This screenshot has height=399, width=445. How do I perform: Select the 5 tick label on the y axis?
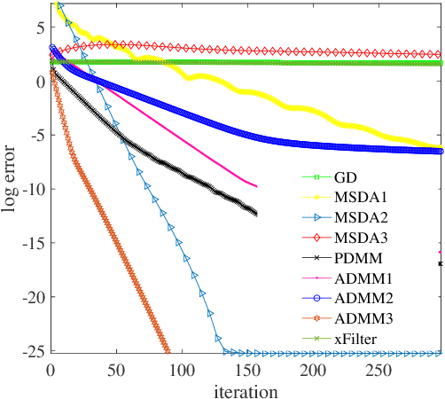pos(39,27)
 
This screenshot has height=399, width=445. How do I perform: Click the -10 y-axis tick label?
pos(34,190)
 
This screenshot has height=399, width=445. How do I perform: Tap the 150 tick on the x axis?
pos(181,368)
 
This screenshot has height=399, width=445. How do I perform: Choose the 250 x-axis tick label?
pos(312,368)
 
